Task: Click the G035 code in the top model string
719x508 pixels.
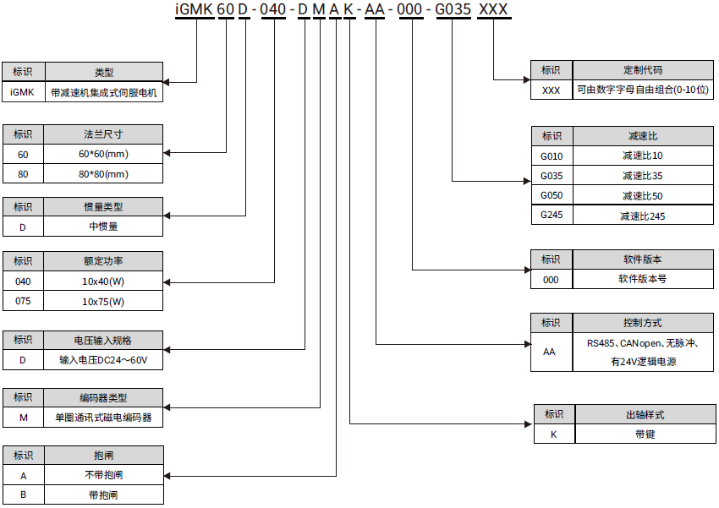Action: (x=453, y=10)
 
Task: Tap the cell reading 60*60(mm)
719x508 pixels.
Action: (x=103, y=154)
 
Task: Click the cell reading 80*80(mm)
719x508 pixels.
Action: (x=103, y=174)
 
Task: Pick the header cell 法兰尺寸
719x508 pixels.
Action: (x=103, y=134)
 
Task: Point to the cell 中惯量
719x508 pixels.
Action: (x=103, y=227)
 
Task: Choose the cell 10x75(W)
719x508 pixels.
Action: (x=103, y=301)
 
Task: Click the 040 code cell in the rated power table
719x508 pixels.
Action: (x=23, y=281)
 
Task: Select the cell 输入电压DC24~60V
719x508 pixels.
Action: (x=103, y=359)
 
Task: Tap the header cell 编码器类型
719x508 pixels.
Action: (x=103, y=397)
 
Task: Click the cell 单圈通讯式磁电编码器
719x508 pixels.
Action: (x=103, y=417)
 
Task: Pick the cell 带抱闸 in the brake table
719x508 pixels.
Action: (x=103, y=494)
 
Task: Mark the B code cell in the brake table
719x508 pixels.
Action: (x=23, y=494)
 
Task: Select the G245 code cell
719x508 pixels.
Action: (x=552, y=216)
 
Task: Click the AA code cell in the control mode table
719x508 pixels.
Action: (x=552, y=352)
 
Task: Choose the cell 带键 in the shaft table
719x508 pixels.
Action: (x=645, y=434)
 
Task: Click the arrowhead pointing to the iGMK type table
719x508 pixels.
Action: (x=167, y=82)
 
